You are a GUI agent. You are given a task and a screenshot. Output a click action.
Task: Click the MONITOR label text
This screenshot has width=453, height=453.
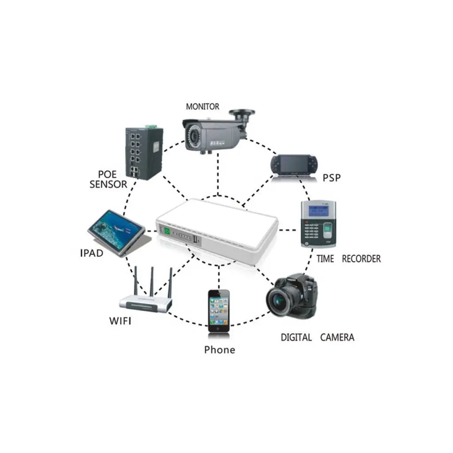[202, 107]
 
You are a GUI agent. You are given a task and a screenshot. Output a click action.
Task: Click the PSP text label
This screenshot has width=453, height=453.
[332, 178]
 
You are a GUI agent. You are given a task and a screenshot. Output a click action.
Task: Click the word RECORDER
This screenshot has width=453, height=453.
[361, 259]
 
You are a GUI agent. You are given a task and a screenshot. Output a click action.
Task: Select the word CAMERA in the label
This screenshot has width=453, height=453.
[337, 338]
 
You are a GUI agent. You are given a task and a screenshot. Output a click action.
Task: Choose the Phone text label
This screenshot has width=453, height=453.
[219, 350]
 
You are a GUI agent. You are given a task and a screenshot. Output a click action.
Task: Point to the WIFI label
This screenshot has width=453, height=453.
[120, 321]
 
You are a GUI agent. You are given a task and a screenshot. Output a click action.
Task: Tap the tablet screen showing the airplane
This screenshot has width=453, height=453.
[117, 227]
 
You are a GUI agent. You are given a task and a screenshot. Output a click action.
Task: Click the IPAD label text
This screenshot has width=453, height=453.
[92, 253]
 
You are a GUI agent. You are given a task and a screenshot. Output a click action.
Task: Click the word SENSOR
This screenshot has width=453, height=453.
[108, 184]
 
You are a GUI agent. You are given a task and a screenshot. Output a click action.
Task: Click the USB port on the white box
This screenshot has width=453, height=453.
[195, 240]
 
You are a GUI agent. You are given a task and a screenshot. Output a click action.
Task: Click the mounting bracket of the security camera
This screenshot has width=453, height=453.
[243, 115]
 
